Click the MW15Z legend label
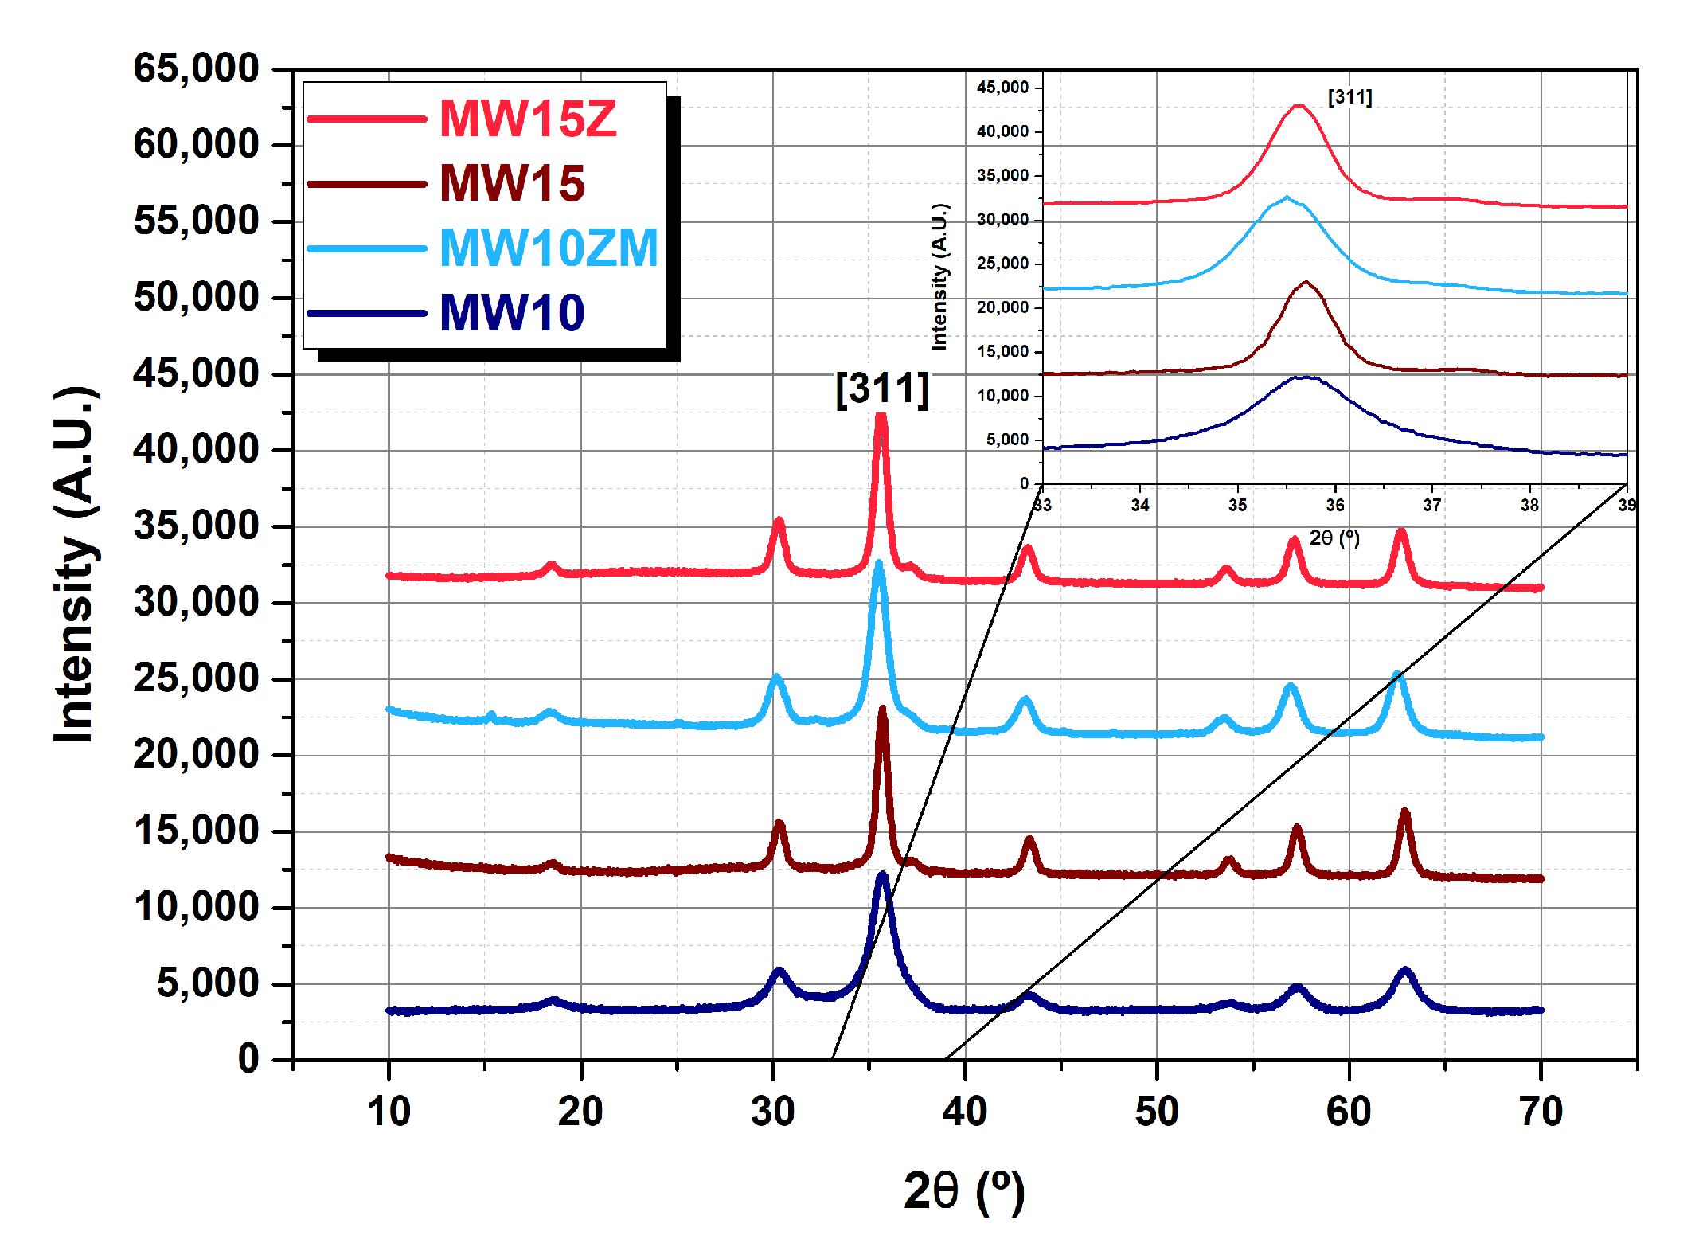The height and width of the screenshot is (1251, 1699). [528, 119]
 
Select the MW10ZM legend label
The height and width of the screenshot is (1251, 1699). [549, 248]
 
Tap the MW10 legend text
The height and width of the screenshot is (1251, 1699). [512, 312]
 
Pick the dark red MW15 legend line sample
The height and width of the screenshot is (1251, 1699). [367, 184]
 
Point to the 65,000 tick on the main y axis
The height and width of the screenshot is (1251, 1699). [196, 68]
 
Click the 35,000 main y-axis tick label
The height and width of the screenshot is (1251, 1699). [196, 526]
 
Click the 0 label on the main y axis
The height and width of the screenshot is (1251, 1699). [248, 1059]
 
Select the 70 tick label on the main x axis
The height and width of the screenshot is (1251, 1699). [1541, 1112]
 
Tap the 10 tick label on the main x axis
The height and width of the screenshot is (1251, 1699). [389, 1112]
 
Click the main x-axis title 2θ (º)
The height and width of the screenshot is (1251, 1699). [963, 1191]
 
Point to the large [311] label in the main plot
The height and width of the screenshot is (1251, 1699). [882, 389]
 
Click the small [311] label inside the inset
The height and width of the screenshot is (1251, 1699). [1349, 97]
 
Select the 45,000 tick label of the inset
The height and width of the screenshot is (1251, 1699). [1002, 88]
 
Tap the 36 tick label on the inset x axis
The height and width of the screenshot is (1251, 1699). [1335, 506]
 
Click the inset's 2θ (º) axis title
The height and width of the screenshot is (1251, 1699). [1334, 538]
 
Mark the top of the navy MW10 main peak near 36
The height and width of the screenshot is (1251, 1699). [882, 876]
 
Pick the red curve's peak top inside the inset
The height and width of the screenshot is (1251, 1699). [1299, 105]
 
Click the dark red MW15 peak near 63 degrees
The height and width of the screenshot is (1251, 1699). [1404, 813]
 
